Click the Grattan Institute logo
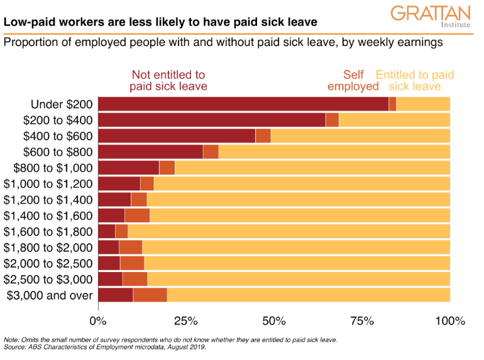[x=430, y=18]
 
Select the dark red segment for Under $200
[x=243, y=104]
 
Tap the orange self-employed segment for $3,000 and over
[x=150, y=295]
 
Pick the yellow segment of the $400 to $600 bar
[x=360, y=136]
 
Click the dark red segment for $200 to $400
[x=212, y=120]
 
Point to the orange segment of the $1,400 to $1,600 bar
[x=137, y=215]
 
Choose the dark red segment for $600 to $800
[x=150, y=151]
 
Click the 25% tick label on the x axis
[x=186, y=321]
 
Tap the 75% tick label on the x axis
[x=362, y=321]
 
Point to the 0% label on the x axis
[x=99, y=321]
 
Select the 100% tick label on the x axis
[x=449, y=321]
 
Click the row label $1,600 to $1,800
[x=48, y=232]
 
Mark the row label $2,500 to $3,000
[x=48, y=280]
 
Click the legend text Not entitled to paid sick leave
[x=168, y=80]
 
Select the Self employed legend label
[x=353, y=80]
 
